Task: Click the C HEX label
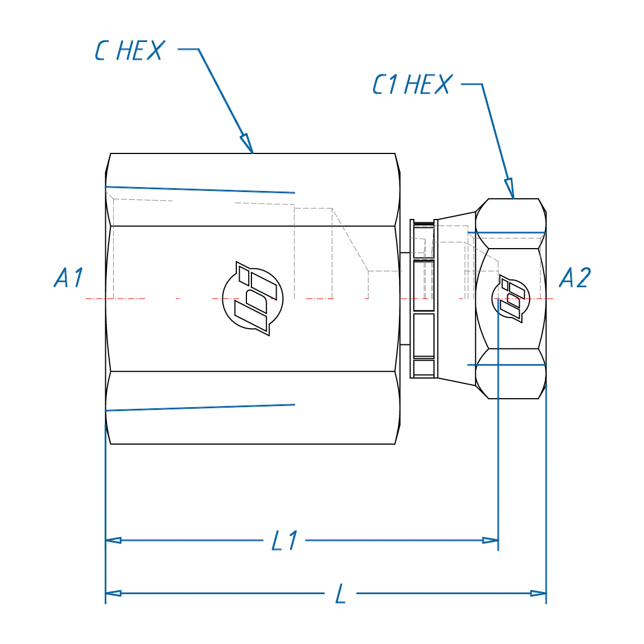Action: [x=130, y=51]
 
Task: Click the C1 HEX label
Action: [x=412, y=85]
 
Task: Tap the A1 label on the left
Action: [x=69, y=278]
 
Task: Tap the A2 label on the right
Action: [x=575, y=278]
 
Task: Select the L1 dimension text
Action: [x=284, y=541]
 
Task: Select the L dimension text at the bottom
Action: [x=340, y=594]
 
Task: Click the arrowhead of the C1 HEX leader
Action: [x=509, y=188]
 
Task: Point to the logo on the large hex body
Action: [x=253, y=298]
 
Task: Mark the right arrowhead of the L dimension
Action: [x=538, y=593]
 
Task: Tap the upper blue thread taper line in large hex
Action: [x=200, y=190]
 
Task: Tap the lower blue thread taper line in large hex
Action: [x=200, y=408]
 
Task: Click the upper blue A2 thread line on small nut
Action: [x=507, y=232]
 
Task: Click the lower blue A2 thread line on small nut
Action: [x=507, y=365]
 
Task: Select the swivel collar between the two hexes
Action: [x=424, y=298]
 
